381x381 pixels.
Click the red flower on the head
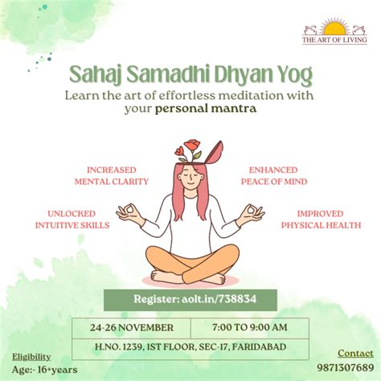pyautogui.click(x=190, y=148)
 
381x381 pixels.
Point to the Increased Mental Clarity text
pyautogui.click(x=112, y=175)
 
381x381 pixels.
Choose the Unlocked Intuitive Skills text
pyautogui.click(x=73, y=219)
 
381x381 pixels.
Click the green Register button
pyautogui.click(x=190, y=299)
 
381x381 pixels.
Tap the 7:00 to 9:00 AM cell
pyautogui.click(x=249, y=328)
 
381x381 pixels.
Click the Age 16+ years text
pyautogui.click(x=35, y=370)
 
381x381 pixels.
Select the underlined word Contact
pyautogui.click(x=354, y=353)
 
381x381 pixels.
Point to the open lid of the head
pyautogui.click(x=215, y=150)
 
